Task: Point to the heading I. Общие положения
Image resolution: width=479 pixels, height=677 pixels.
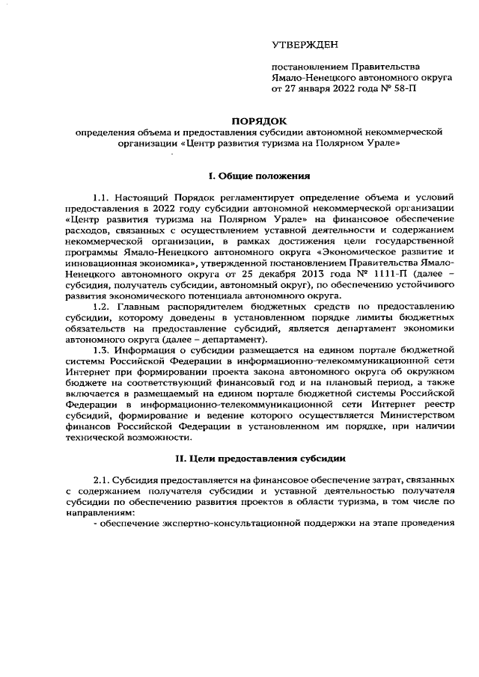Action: [x=258, y=177]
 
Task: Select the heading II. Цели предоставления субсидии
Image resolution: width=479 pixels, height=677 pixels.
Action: [x=258, y=458]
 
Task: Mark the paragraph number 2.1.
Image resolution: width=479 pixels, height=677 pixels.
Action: [x=103, y=479]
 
